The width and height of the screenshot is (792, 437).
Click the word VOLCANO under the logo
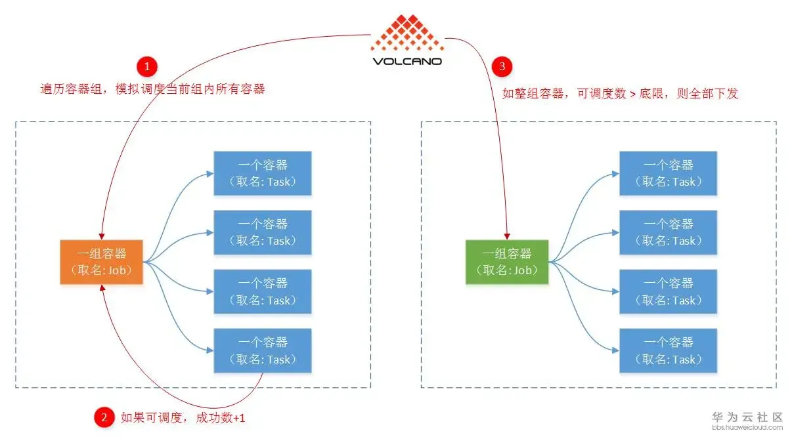pos(407,61)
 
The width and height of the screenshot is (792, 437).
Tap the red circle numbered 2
pos(103,417)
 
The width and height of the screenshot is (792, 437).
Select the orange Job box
pos(101,262)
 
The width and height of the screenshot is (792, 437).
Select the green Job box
pos(507,262)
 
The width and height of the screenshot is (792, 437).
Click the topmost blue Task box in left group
pos(262,173)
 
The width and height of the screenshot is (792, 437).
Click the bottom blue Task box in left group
pos(262,350)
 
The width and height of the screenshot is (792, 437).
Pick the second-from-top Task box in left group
pos(262,232)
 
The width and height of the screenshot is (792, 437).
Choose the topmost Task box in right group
pos(668,173)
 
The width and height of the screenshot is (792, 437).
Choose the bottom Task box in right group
pos(668,350)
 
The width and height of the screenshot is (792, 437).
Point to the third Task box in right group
pos(668,291)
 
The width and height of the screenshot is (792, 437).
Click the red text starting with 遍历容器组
pos(152,89)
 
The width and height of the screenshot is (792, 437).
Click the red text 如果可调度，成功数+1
pos(183,417)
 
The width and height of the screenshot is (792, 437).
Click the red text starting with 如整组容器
pos(621,93)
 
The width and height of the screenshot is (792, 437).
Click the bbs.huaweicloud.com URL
pos(748,428)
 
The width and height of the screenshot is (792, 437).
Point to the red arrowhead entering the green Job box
pos(507,235)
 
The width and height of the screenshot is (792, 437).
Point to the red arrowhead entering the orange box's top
pos(101,235)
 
